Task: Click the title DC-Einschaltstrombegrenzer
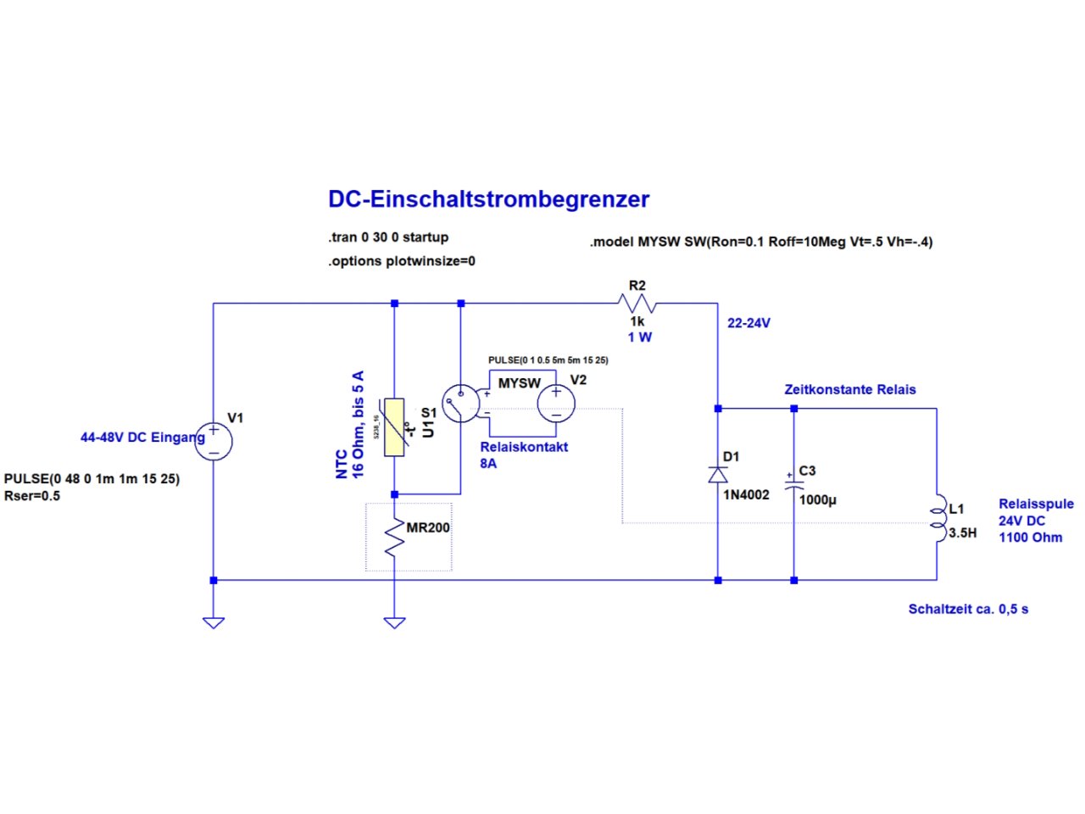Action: (x=488, y=199)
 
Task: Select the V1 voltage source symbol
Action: (x=214, y=442)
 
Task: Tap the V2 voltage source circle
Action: (x=556, y=404)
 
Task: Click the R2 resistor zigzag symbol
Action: (x=637, y=304)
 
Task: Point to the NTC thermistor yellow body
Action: (x=394, y=427)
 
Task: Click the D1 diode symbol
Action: (x=718, y=475)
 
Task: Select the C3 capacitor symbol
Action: (x=793, y=487)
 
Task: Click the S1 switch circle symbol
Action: (x=459, y=404)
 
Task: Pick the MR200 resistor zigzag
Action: (x=394, y=538)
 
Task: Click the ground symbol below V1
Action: (x=214, y=622)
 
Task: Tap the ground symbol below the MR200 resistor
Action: (x=394, y=622)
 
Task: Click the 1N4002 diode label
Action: (x=746, y=495)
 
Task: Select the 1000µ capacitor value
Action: (x=817, y=500)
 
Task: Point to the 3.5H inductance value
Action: (x=962, y=533)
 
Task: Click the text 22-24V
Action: (x=748, y=323)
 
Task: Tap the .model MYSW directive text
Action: (x=760, y=242)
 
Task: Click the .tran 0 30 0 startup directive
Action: (x=388, y=237)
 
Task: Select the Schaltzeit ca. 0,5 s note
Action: (x=968, y=609)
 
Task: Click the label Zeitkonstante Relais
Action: (x=849, y=390)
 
